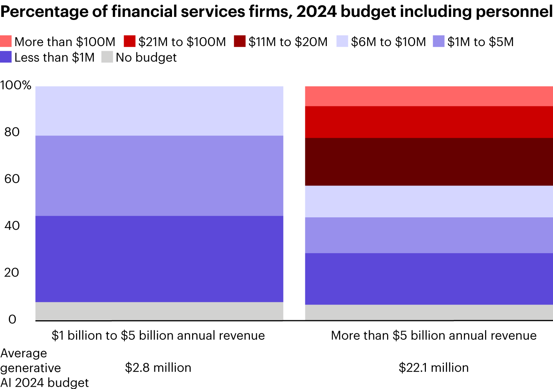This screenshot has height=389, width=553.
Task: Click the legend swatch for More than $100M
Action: pyautogui.click(x=6, y=41)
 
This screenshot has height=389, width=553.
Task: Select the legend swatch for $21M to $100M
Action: pyautogui.click(x=130, y=41)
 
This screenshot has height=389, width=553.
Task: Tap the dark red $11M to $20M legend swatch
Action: pyautogui.click(x=240, y=41)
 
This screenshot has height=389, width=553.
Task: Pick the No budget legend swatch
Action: pyautogui.click(x=107, y=57)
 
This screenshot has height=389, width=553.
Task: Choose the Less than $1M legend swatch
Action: pyautogui.click(x=6, y=57)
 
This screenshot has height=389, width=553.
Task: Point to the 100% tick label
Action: pyautogui.click(x=16, y=85)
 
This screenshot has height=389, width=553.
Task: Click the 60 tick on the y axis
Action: pyautogui.click(x=12, y=179)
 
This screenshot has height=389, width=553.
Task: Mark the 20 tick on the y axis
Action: pyautogui.click(x=12, y=272)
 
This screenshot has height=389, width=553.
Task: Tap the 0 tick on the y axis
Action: pyautogui.click(x=12, y=319)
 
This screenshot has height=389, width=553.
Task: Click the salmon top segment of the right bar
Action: pyautogui.click(x=429, y=96)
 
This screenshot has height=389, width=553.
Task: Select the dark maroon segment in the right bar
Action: pyautogui.click(x=429, y=162)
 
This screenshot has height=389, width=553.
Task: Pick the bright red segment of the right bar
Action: pyautogui.click(x=429, y=122)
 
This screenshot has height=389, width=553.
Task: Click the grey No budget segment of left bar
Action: pyautogui.click(x=159, y=311)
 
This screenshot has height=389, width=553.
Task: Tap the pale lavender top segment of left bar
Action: pyautogui.click(x=159, y=111)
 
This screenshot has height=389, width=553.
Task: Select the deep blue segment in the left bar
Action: pyautogui.click(x=159, y=259)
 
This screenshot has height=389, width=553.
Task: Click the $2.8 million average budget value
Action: pyautogui.click(x=158, y=367)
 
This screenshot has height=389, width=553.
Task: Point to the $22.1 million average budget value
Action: pyautogui.click(x=434, y=367)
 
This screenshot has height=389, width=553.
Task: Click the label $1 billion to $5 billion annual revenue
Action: pyautogui.click(x=158, y=335)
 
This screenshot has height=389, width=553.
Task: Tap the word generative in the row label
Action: pyautogui.click(x=31, y=367)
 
